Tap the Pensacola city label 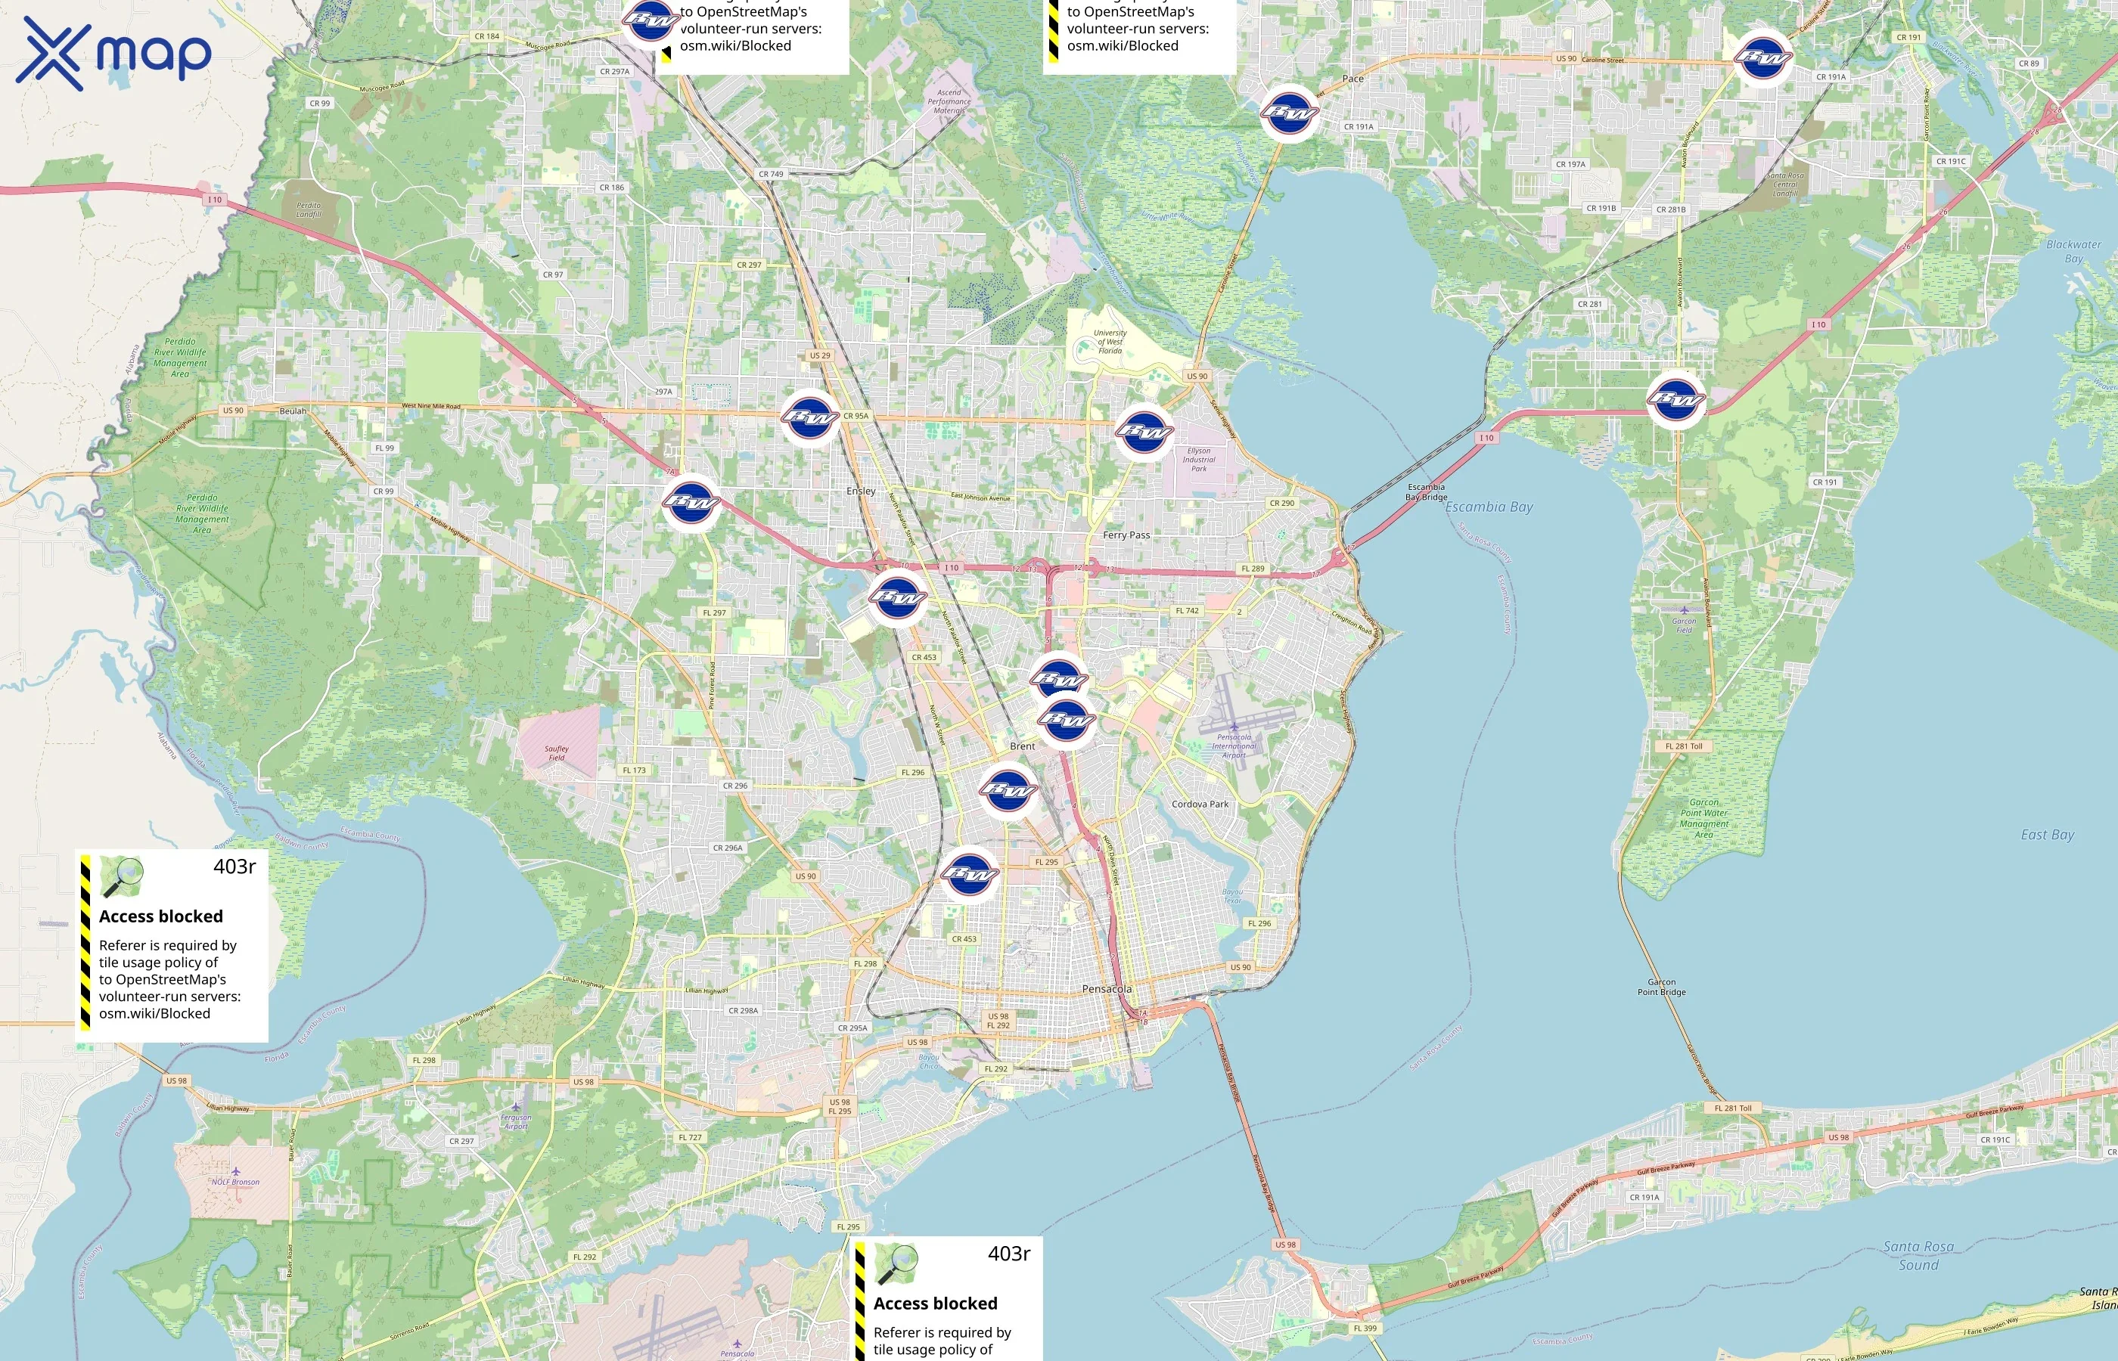[1107, 989]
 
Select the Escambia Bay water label [1489, 507]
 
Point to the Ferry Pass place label [1126, 535]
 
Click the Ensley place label [861, 491]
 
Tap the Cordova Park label [1200, 805]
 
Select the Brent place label [1022, 746]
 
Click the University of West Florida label [1110, 342]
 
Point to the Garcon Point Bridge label [1661, 987]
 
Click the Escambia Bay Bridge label [1426, 491]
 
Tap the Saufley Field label [556, 753]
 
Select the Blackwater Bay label [2074, 251]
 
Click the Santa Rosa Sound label [1918, 1255]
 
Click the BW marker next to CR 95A [809, 417]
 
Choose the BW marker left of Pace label [1289, 111]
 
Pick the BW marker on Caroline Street [1762, 58]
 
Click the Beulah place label [293, 411]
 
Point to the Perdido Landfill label [309, 209]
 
